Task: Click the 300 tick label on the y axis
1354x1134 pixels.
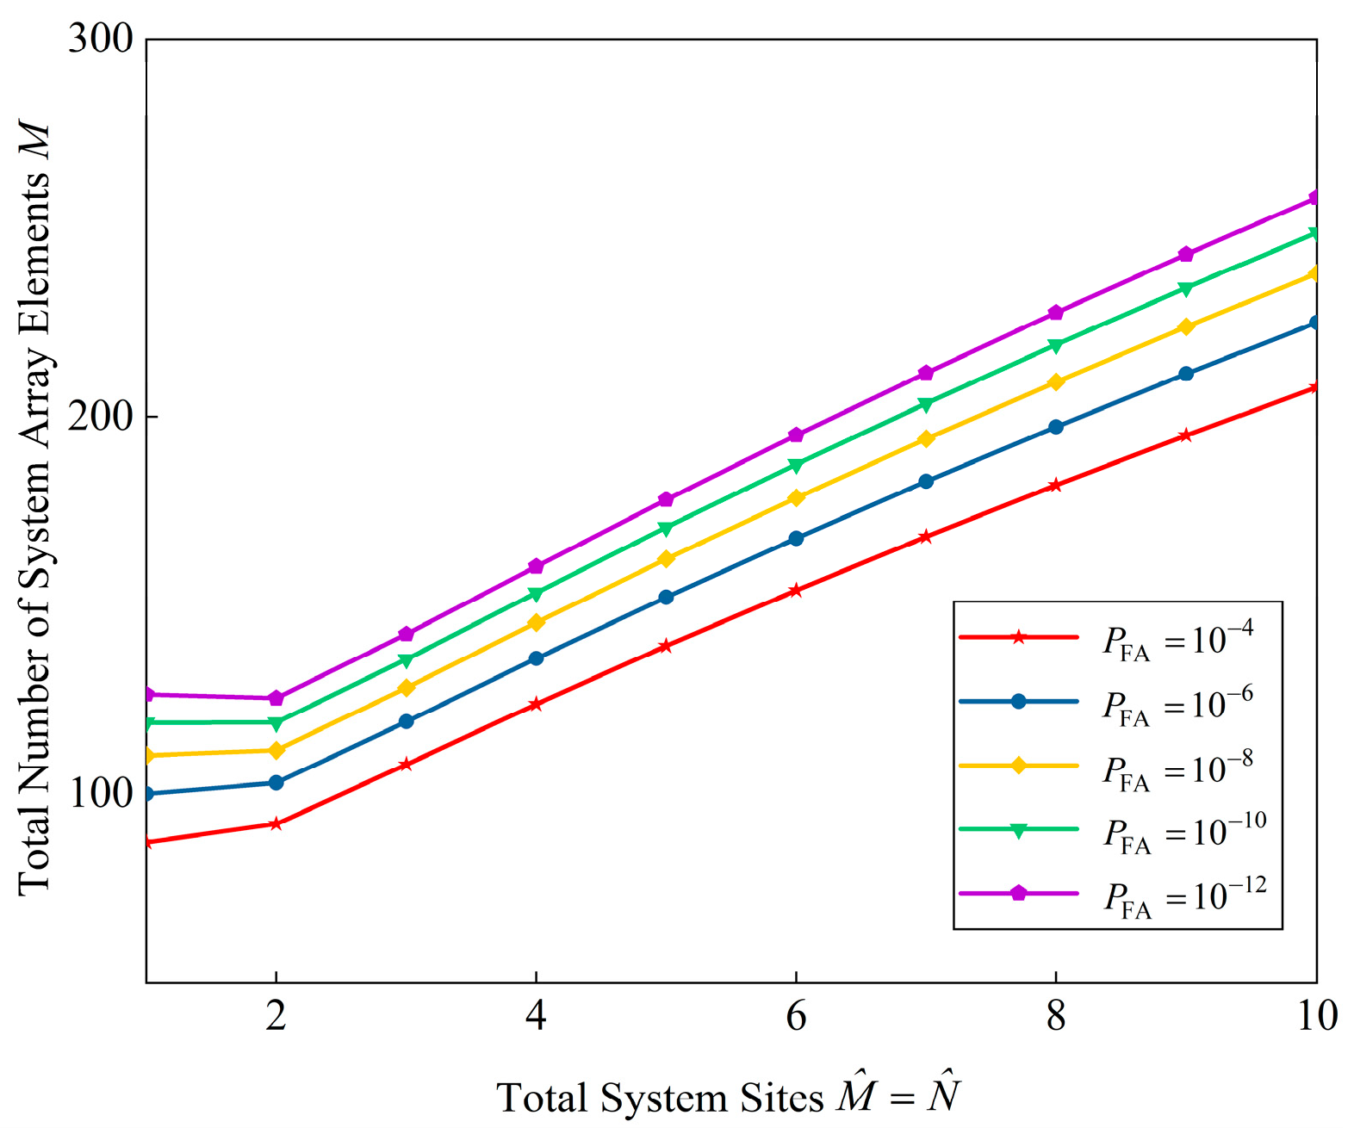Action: pos(101,40)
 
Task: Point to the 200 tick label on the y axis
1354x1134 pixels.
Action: pos(101,417)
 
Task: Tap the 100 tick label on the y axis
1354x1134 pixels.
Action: pos(101,793)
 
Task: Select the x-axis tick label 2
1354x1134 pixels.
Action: pos(276,1016)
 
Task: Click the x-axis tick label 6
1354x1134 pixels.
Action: pos(796,1016)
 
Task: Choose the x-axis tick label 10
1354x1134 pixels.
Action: pos(1316,1016)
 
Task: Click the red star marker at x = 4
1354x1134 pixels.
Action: pos(536,704)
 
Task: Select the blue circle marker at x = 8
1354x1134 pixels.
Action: pos(1056,427)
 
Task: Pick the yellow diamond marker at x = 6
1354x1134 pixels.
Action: pos(796,498)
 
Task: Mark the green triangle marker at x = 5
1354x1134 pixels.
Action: pos(666,528)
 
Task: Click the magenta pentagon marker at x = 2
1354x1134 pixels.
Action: pos(276,698)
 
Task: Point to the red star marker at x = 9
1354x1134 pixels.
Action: pos(1186,436)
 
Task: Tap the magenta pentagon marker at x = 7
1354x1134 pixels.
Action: pos(926,373)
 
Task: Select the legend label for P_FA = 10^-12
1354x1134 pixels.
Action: pos(1185,898)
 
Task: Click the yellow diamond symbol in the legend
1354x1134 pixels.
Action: pos(1018,765)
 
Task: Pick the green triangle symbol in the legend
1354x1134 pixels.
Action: pos(1018,830)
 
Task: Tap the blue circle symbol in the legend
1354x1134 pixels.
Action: pos(1018,701)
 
